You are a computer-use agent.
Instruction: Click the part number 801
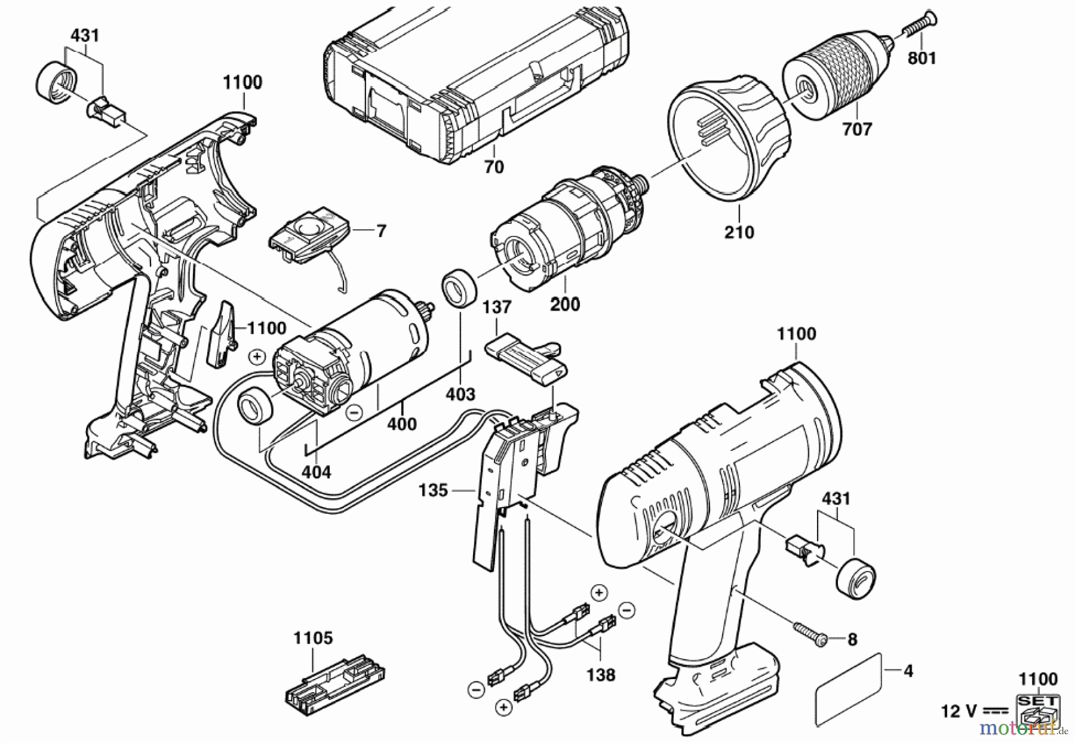pyautogui.click(x=922, y=57)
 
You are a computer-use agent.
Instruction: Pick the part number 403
pyautogui.click(x=460, y=394)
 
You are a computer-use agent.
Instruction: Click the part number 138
pyautogui.click(x=600, y=675)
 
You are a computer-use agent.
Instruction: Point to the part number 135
pyautogui.click(x=433, y=490)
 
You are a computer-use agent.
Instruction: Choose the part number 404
pyautogui.click(x=316, y=472)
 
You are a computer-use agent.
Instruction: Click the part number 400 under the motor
pyautogui.click(x=402, y=423)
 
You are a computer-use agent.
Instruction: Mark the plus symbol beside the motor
pyautogui.click(x=257, y=357)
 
